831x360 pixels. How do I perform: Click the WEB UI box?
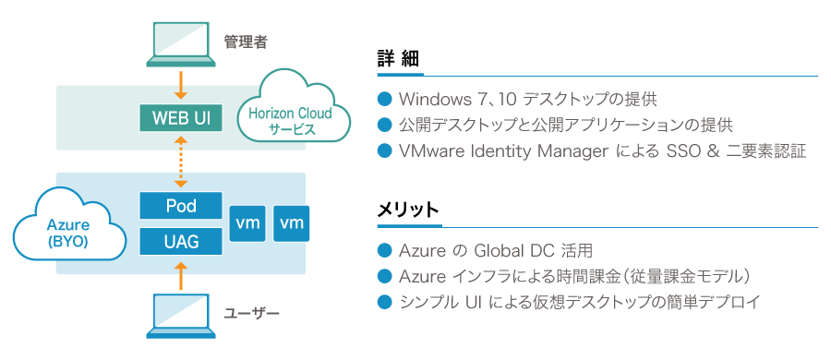(181, 118)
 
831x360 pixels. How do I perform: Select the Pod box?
(181, 204)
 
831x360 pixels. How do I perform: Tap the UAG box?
(181, 242)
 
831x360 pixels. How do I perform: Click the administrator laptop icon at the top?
(181, 45)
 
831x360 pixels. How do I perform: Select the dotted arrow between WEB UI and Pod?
(181, 161)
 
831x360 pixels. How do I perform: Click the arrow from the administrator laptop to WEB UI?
(181, 85)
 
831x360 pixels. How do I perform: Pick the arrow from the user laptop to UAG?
(181, 274)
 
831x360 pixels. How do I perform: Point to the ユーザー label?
(251, 313)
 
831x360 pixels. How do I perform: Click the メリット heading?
(407, 210)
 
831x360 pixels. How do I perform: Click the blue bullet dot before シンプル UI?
(385, 302)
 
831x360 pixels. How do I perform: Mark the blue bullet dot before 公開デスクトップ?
(385, 125)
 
